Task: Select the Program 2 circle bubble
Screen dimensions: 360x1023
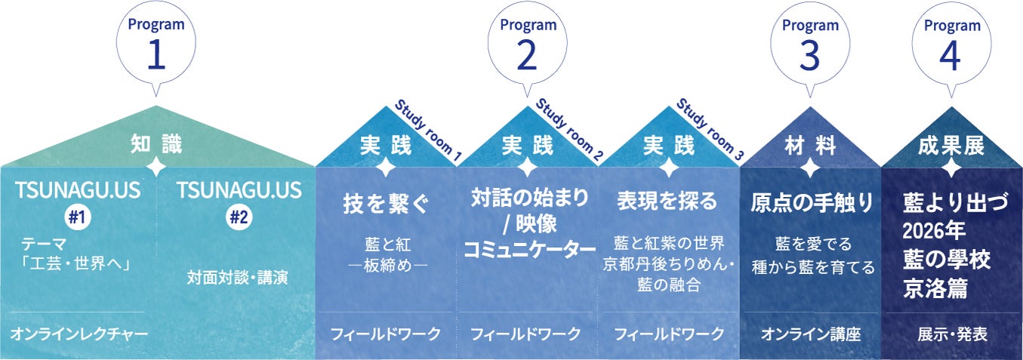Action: [528, 43]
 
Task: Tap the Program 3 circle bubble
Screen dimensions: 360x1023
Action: [809, 43]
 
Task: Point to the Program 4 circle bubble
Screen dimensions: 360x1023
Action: [952, 43]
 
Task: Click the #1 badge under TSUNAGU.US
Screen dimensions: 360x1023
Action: [75, 217]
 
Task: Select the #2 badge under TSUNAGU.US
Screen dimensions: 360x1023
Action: [238, 217]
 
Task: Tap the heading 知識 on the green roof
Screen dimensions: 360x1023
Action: [156, 143]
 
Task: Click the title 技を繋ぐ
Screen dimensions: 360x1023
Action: [385, 204]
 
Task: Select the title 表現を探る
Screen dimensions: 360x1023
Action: [667, 201]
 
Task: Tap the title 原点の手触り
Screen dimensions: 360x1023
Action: [812, 203]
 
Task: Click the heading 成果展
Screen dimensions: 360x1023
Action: [952, 146]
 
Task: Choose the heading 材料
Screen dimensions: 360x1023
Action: [810, 146]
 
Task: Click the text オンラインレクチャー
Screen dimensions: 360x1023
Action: [79, 334]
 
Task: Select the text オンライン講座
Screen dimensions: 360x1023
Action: [810, 334]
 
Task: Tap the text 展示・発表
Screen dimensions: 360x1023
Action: [952, 334]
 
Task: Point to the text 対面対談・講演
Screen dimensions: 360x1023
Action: [238, 277]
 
